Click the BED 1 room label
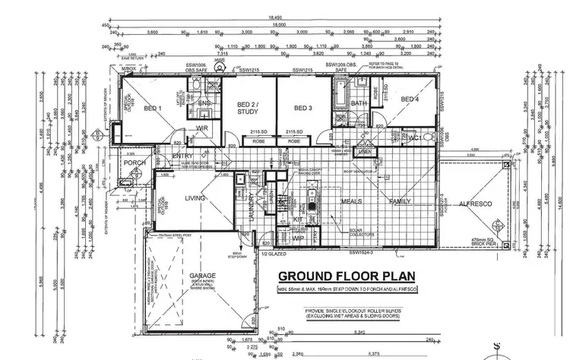152,109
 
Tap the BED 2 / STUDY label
248,108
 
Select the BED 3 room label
304,107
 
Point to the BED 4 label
410,99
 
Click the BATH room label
359,103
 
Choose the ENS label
204,103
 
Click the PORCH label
135,163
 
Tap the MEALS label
351,201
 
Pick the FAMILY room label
401,201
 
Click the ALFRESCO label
475,203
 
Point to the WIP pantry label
298,238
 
